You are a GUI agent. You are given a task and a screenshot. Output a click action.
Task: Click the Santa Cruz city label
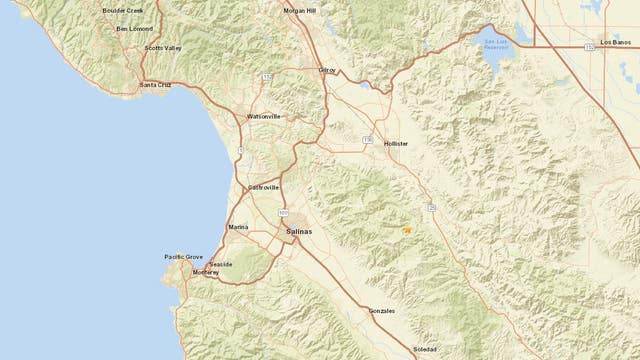pyautogui.click(x=157, y=85)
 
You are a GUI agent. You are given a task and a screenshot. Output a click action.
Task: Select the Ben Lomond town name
pyautogui.click(x=135, y=29)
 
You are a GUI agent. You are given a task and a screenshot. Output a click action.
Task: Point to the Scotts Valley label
pyautogui.click(x=163, y=48)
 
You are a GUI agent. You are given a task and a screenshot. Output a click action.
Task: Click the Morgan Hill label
pyautogui.click(x=305, y=11)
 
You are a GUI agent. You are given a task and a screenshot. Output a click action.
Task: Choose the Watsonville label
pyautogui.click(x=264, y=117)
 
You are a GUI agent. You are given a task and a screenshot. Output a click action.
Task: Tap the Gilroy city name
pyautogui.click(x=327, y=70)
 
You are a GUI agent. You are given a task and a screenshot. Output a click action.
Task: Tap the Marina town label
pyautogui.click(x=238, y=227)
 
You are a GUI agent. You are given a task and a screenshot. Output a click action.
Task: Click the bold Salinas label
pyautogui.click(x=299, y=231)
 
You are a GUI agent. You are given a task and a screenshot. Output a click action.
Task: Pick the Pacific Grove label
pyautogui.click(x=183, y=257)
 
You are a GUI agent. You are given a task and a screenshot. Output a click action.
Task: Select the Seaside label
pyautogui.click(x=221, y=264)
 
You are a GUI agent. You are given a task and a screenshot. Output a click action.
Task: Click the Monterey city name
pyautogui.click(x=205, y=271)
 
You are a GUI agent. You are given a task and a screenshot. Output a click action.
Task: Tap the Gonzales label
pyautogui.click(x=381, y=311)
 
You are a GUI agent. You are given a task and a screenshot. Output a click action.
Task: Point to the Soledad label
pyautogui.click(x=425, y=349)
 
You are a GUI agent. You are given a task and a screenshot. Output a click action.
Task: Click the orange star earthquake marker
pyautogui.click(x=407, y=230)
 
